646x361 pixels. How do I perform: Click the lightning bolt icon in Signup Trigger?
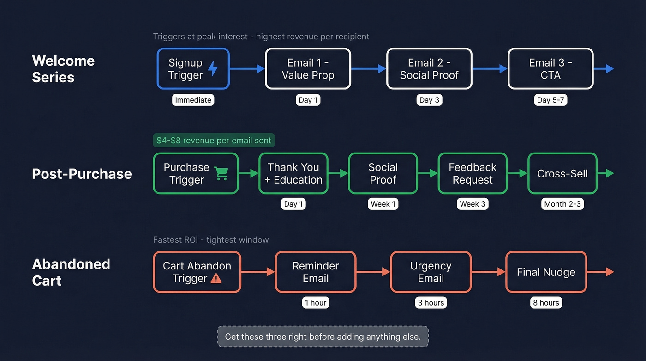[213, 68]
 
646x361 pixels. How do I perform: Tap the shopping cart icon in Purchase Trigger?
[221, 173]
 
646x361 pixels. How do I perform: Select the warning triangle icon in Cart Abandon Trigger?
[216, 278]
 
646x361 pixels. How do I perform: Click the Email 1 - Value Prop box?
[308, 69]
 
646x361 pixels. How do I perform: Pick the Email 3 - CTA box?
[550, 69]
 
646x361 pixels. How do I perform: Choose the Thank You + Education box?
[293, 173]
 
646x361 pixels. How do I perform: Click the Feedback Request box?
[473, 173]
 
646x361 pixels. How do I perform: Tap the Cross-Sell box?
[562, 173]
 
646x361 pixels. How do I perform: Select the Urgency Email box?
[431, 272]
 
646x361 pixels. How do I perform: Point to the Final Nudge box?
[546, 272]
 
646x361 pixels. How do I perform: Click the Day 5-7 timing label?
[550, 100]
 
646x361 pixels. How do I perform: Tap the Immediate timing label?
[193, 100]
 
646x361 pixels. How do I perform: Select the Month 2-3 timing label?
[562, 204]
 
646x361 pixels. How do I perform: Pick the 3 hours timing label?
[431, 303]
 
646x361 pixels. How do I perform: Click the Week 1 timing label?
[383, 204]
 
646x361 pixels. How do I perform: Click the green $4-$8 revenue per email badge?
[214, 140]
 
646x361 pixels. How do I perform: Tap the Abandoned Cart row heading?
[71, 272]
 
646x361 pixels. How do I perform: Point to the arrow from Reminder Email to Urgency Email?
[373, 272]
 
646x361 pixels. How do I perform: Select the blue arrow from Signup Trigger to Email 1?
[247, 69]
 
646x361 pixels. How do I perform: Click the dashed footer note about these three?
[323, 337]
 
